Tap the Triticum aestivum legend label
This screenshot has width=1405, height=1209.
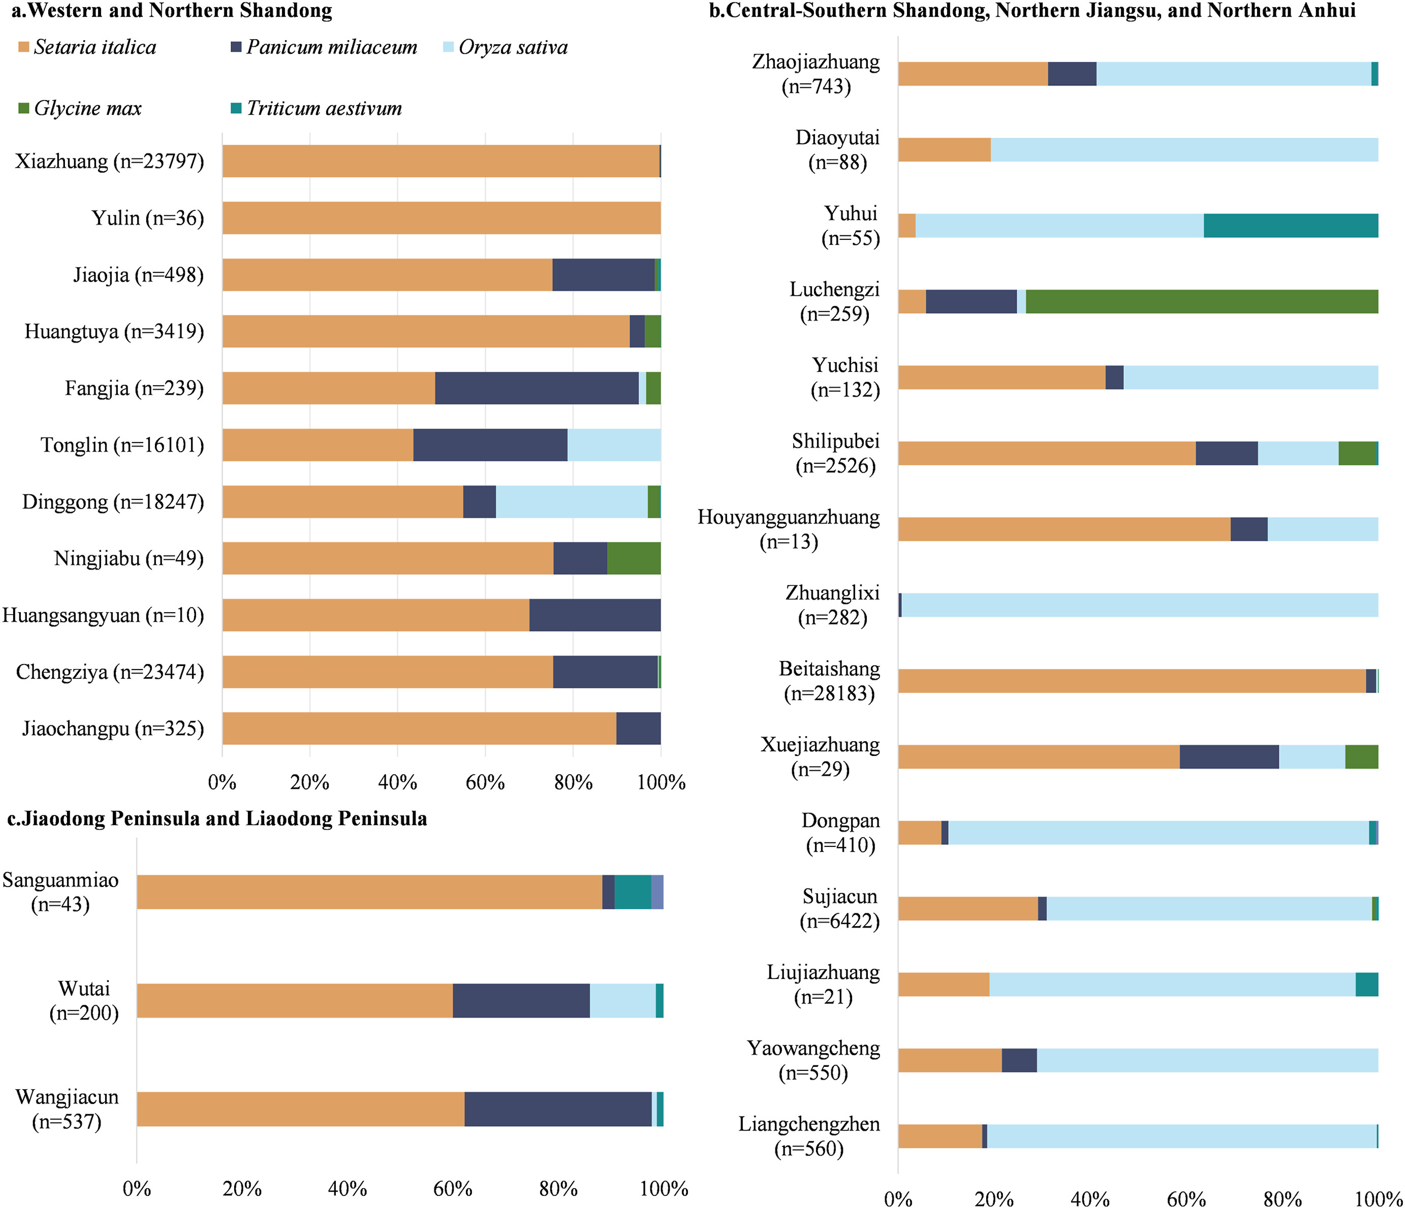pyautogui.click(x=324, y=109)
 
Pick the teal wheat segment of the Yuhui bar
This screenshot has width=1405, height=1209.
pyautogui.click(x=1290, y=226)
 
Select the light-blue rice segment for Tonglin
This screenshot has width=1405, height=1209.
pyautogui.click(x=614, y=445)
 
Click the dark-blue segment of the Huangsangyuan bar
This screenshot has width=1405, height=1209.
pyautogui.click(x=595, y=615)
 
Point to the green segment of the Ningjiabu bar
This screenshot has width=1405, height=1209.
pyautogui.click(x=633, y=558)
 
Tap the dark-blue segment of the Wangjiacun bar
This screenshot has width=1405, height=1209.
pyautogui.click(x=557, y=1109)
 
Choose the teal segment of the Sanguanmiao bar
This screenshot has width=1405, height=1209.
pyautogui.click(x=633, y=892)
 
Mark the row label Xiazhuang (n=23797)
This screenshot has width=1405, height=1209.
pyautogui.click(x=109, y=162)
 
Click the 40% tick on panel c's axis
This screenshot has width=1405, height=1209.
pyautogui.click(x=347, y=1189)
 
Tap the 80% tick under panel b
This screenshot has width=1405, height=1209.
pyautogui.click(x=1282, y=1199)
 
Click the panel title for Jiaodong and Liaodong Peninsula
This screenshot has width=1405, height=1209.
pyautogui.click(x=217, y=819)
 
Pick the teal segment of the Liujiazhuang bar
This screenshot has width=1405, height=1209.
pyautogui.click(x=1366, y=984)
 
